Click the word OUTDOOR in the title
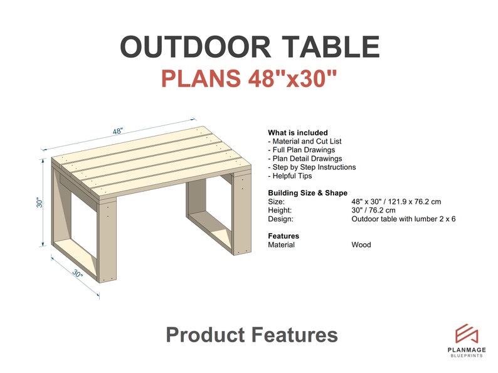[x=186, y=48]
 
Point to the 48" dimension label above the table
[x=118, y=131]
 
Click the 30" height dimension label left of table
[x=40, y=203]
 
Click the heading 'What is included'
[x=297, y=133]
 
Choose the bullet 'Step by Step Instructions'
[x=312, y=167]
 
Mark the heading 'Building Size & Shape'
[x=307, y=193]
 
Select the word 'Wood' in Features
[x=361, y=244]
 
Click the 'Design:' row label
[x=280, y=219]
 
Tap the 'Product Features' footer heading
[x=252, y=335]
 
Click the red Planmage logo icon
[x=467, y=334]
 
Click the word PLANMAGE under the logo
[x=467, y=350]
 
